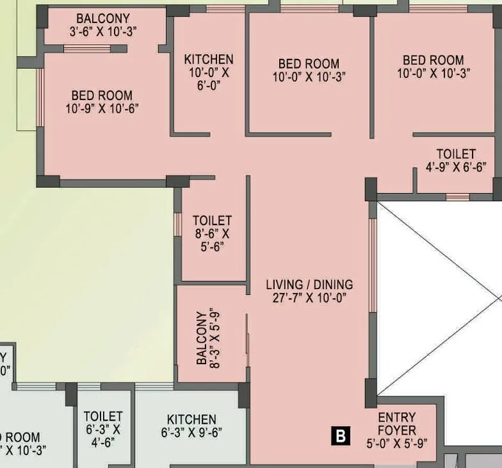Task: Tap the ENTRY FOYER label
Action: (396, 424)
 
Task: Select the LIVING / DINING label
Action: (309, 284)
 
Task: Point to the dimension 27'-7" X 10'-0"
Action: (309, 297)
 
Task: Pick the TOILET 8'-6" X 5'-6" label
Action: (212, 233)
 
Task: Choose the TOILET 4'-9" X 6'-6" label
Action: (456, 160)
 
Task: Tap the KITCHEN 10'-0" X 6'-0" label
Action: (209, 72)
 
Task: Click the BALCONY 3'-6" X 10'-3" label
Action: (103, 25)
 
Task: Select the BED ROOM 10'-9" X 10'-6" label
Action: (102, 102)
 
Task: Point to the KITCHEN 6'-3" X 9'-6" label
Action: (191, 426)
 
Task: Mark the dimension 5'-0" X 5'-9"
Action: (396, 442)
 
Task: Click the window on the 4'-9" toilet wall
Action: (457, 196)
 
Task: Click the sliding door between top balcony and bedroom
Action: (86, 49)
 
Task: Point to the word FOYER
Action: (396, 430)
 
